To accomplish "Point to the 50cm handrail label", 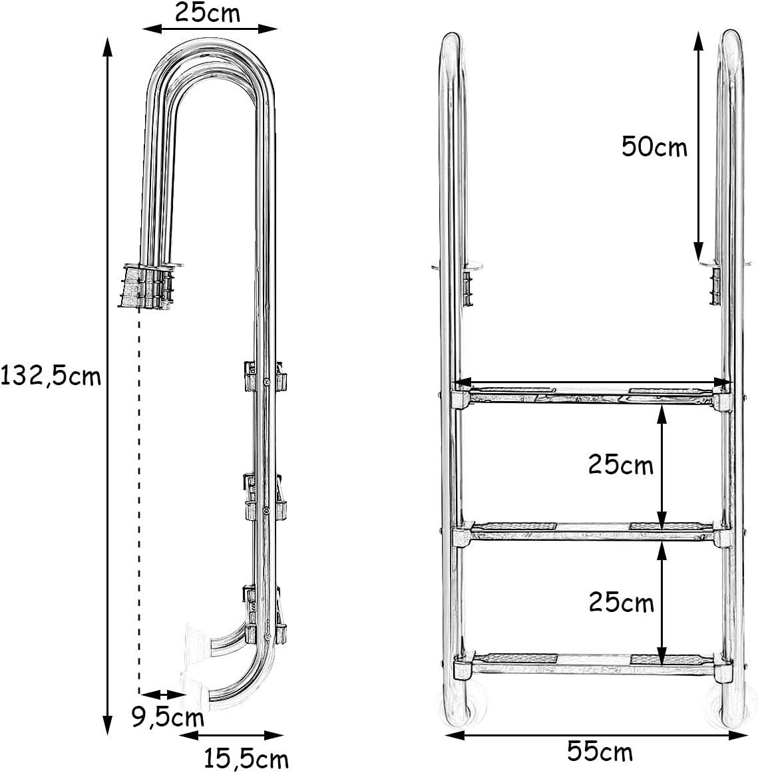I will [654, 146].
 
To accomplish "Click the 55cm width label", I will [600, 752].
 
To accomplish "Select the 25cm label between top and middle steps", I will [620, 465].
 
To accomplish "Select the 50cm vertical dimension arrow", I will [697, 146].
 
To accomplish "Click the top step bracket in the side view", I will [266, 378].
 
